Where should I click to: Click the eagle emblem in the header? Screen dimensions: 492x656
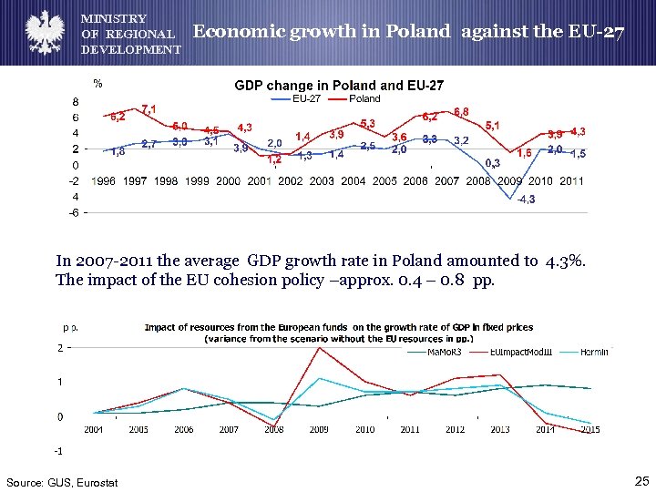[42, 32]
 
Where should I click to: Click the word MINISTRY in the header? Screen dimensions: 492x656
[114, 18]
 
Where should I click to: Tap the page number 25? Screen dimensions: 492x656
[640, 480]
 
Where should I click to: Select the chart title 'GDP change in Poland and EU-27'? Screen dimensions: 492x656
[339, 86]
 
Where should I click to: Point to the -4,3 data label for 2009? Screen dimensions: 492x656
[526, 200]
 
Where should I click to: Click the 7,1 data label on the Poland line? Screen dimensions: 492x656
[149, 109]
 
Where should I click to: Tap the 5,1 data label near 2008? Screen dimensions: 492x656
[492, 124]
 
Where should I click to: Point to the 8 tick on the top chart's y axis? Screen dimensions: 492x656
[76, 102]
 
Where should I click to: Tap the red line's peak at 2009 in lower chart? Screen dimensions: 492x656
[319, 347]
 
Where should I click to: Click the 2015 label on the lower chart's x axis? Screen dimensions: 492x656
[589, 429]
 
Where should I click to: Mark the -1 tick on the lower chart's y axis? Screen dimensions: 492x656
[58, 451]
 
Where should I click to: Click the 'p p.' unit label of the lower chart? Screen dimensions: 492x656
[69, 325]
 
